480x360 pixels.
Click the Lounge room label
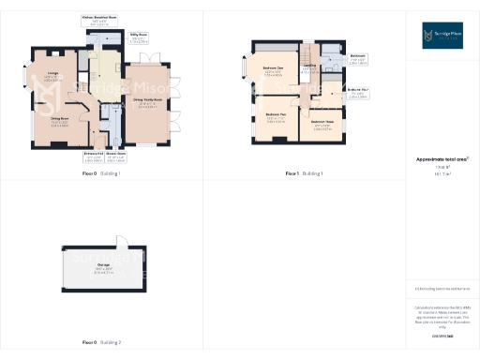click(52, 76)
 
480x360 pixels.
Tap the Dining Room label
click(58, 119)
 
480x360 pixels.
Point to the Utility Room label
click(137, 38)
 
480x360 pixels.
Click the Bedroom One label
click(274, 70)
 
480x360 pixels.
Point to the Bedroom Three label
click(322, 122)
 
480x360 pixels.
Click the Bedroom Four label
click(357, 91)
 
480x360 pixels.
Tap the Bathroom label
click(357, 57)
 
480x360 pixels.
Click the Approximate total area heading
click(442, 158)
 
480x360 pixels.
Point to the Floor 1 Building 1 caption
click(304, 174)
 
